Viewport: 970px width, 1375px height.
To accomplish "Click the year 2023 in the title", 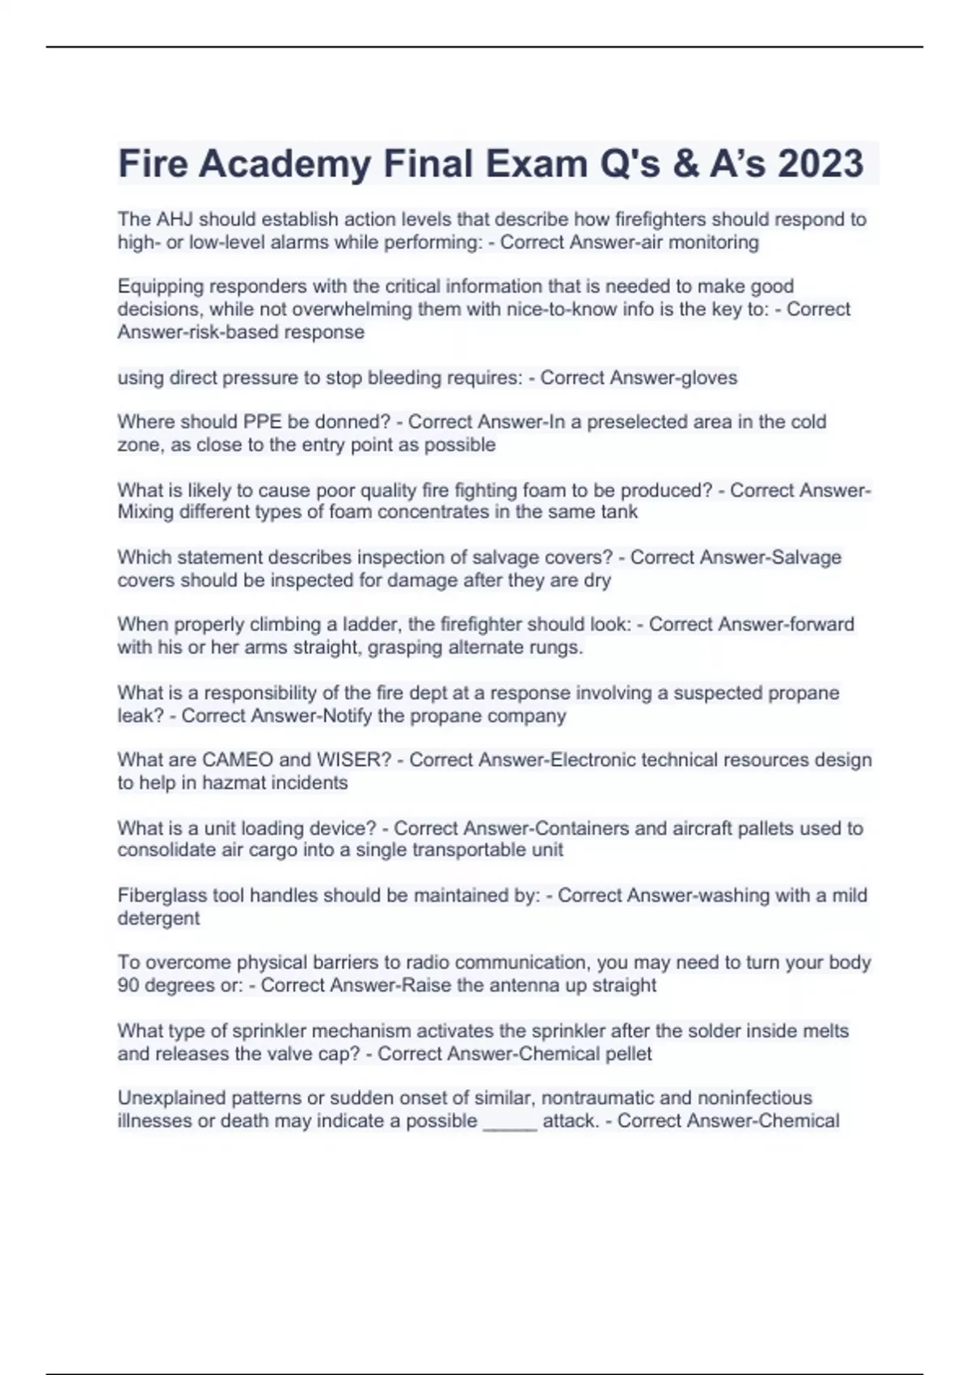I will [x=820, y=163].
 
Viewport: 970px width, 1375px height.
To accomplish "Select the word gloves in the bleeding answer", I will [x=710, y=378].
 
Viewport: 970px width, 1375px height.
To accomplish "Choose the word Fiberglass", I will [x=162, y=895].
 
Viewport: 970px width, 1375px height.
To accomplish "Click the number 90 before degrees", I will [x=129, y=985].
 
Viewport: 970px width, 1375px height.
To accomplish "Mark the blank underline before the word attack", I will [x=509, y=1121].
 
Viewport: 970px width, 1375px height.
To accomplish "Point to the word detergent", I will [x=158, y=918].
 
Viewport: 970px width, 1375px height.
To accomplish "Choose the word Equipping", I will [x=158, y=286].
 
